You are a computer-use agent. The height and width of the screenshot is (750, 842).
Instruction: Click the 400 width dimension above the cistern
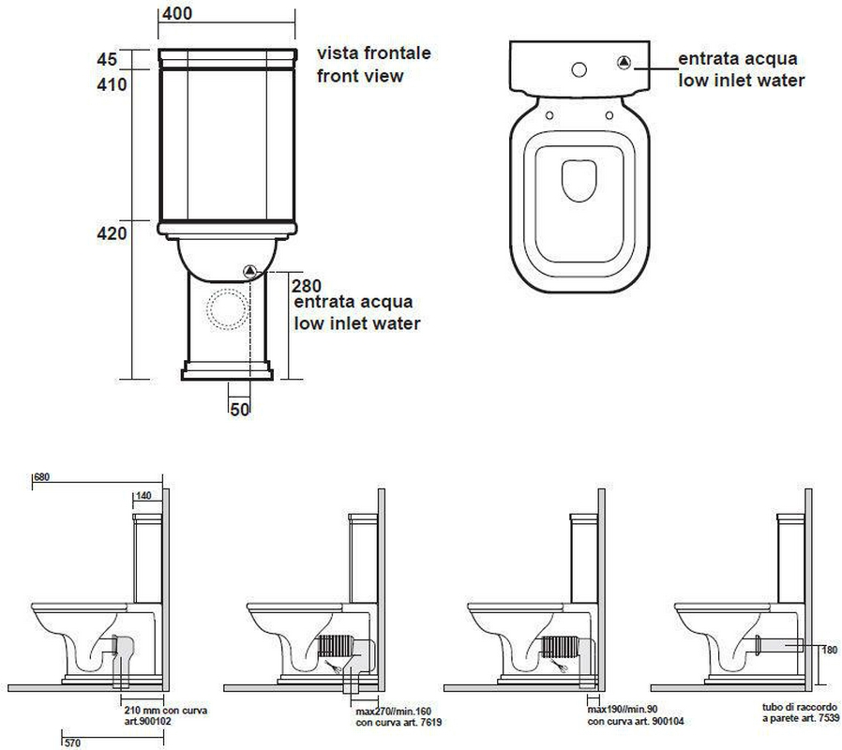coord(176,13)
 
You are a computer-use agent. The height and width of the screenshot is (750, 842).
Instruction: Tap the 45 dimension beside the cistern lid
coord(107,59)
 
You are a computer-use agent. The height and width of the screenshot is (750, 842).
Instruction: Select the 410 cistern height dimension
coord(112,84)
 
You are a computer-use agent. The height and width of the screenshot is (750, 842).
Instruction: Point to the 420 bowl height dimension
coord(112,233)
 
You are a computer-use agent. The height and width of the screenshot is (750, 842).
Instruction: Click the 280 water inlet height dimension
coord(306,286)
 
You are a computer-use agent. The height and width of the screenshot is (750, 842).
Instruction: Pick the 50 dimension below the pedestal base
coord(239,409)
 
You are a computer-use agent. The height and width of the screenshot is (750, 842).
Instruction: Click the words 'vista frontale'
coord(374,52)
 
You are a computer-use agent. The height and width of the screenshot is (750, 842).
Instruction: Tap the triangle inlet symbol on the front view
coord(249,271)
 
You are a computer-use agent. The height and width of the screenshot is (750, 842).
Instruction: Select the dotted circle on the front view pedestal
coord(227,308)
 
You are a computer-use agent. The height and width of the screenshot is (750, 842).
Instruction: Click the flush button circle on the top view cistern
coord(579,69)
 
